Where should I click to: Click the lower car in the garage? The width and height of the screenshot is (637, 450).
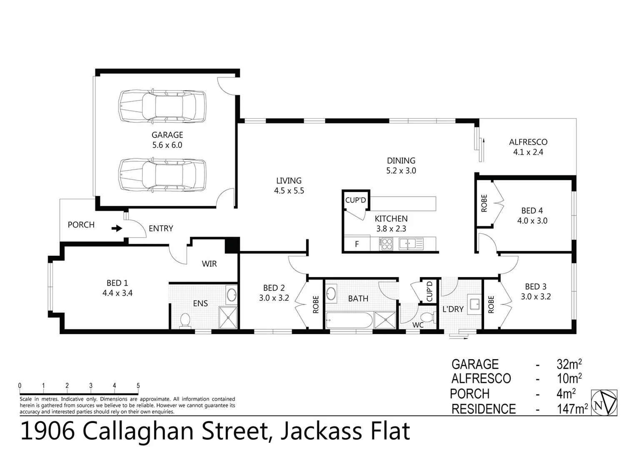tap(162, 175)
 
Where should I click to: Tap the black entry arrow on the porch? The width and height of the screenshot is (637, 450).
tap(117, 228)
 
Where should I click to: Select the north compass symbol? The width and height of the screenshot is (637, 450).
tap(604, 402)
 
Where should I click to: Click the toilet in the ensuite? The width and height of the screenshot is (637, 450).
tap(185, 320)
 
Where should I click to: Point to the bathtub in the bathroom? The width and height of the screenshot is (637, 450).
tap(349, 321)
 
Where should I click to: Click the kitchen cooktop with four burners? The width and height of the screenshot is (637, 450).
tap(386, 243)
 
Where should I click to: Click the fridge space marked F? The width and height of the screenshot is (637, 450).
tap(357, 244)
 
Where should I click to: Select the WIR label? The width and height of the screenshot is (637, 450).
tap(209, 264)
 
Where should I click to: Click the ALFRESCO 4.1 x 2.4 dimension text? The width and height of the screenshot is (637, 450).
tap(528, 152)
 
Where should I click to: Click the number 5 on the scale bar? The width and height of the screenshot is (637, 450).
tap(138, 386)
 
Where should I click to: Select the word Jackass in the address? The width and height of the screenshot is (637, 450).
tap(317, 431)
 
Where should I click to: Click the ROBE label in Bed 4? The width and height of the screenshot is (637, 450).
tap(484, 203)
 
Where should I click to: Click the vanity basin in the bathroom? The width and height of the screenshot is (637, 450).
tap(331, 293)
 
